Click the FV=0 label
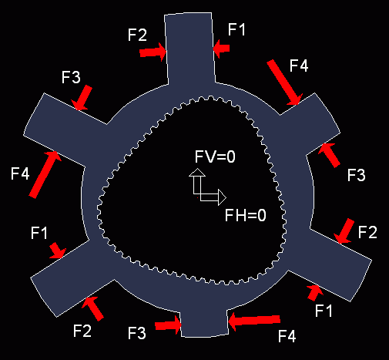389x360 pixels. pos(215,156)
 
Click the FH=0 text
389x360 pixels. pos(246,215)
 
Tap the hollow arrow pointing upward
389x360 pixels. pos(197,181)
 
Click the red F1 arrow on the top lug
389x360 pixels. pos(221,49)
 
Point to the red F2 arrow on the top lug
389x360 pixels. pos(153,52)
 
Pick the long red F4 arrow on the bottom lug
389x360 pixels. pos(254,321)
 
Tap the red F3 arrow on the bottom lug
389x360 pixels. pos(169,325)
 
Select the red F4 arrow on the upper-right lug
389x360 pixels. pos(284,82)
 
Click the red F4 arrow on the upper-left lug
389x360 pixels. pos(45,174)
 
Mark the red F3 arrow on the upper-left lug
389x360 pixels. pos(82,98)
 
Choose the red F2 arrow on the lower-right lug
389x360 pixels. pos(344,230)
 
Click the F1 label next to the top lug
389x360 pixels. pos(236,29)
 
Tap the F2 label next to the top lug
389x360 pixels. pos(137,35)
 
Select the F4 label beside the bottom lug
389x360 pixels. pos(287,336)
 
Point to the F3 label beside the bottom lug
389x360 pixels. pos(137,333)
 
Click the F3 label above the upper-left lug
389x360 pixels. pos(71,77)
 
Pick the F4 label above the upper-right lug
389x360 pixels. pos(299,66)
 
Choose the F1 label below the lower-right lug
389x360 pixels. pos(324,311)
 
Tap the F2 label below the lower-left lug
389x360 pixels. pos(82,331)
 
